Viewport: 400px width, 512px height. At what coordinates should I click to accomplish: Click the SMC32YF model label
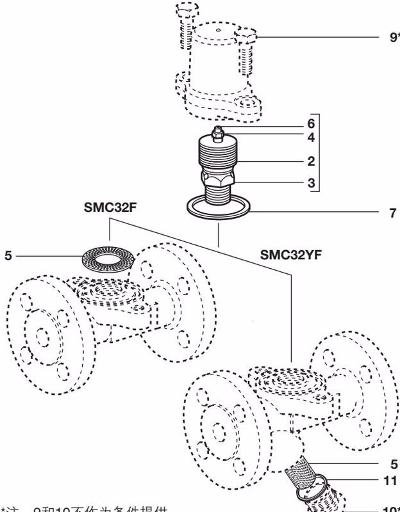click(x=290, y=253)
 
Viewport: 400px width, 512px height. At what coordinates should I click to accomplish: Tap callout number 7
click(x=392, y=213)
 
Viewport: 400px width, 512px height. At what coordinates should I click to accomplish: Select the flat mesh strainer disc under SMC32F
click(x=106, y=259)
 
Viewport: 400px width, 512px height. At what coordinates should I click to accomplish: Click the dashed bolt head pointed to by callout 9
click(x=247, y=36)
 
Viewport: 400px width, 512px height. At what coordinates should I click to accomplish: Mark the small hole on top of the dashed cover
click(x=218, y=30)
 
